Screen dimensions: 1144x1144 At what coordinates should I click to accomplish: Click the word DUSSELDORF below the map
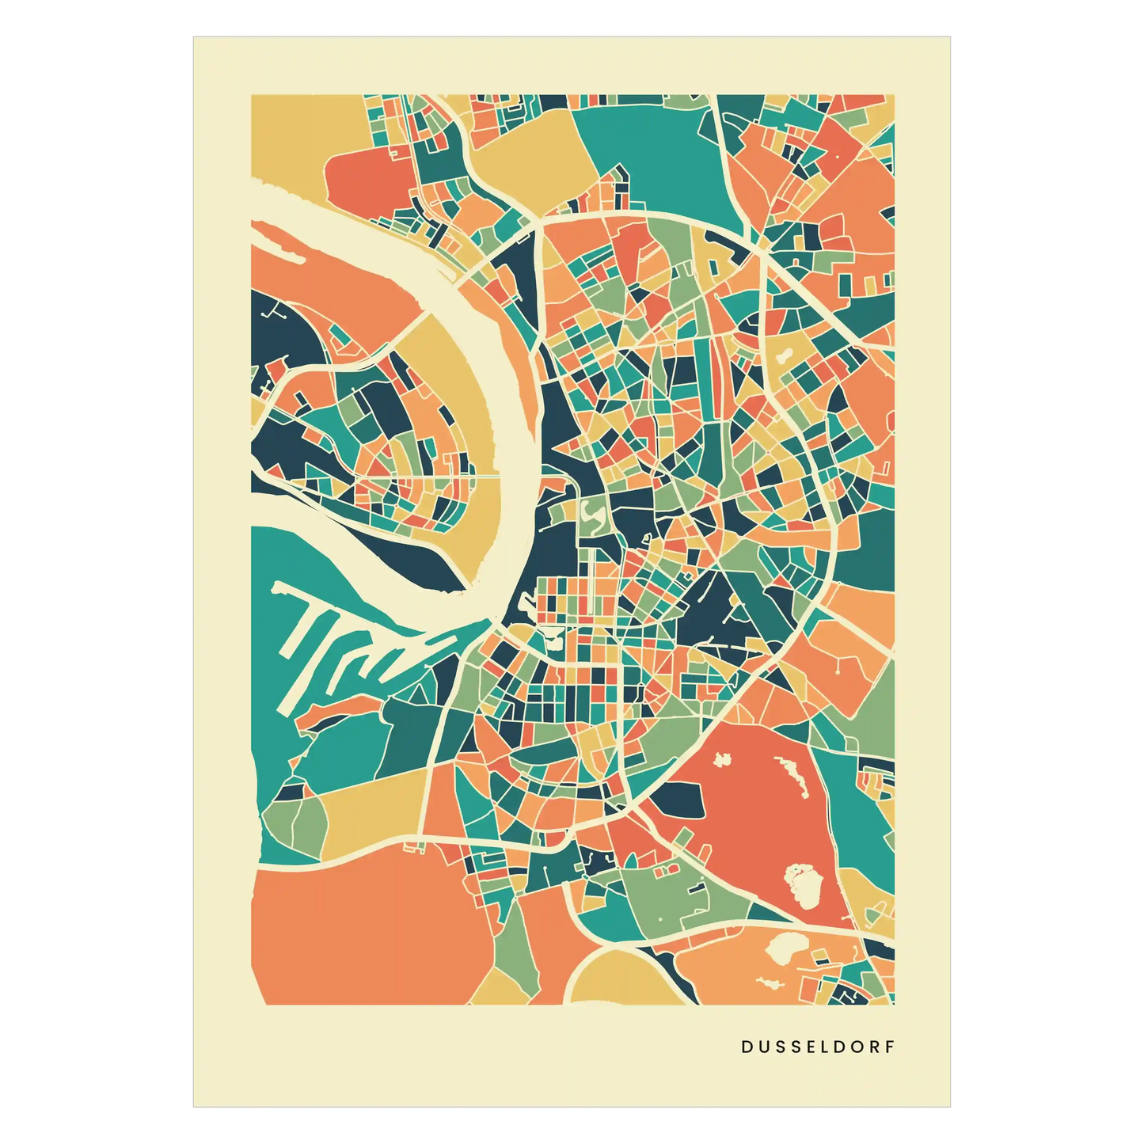coord(818,1047)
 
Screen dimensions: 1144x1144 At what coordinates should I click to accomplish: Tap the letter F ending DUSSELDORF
coord(890,1047)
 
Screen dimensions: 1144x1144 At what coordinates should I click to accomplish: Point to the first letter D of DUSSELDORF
coord(747,1047)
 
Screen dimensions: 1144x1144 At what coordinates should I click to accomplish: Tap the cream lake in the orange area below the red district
coord(785,945)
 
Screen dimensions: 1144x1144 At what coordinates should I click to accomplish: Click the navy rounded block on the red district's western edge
coord(677,800)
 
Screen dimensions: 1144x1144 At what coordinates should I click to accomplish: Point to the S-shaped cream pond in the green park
coord(594,516)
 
